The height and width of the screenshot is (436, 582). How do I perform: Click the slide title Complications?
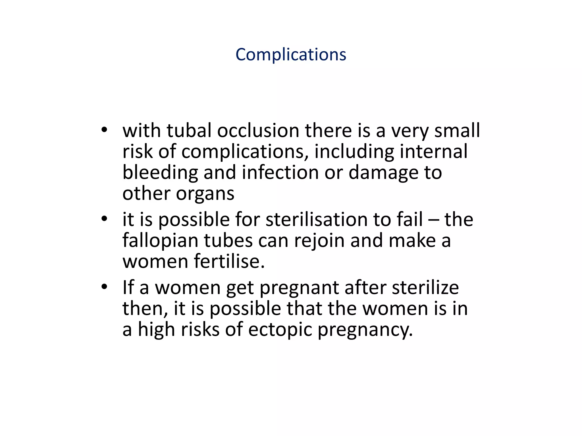tap(291, 54)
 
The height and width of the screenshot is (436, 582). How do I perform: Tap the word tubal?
tap(189, 131)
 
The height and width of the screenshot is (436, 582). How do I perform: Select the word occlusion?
tap(258, 131)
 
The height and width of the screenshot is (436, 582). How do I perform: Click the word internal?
tap(433, 151)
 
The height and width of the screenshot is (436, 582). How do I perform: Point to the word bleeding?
tap(160, 173)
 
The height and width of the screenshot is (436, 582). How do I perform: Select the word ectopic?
tap(280, 330)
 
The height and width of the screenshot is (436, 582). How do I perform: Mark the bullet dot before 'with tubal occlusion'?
tap(104, 130)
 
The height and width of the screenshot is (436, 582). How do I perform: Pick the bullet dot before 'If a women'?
tap(104, 287)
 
